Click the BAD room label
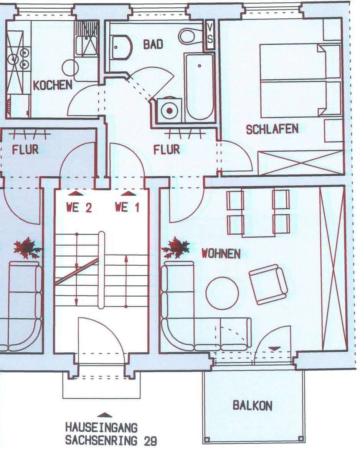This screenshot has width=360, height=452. pos(153,44)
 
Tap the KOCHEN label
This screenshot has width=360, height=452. pos(52,85)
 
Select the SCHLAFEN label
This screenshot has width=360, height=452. pos(272,129)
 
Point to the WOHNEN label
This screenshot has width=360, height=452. pos(221,253)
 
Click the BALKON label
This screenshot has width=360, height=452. pos(253,406)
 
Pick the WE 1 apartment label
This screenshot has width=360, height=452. pos(127,208)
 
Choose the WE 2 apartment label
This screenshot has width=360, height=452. pos(79,208)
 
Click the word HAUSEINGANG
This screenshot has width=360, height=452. pos(101,427)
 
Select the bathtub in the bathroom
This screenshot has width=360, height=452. pos(200,87)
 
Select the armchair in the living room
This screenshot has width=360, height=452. pos(268,284)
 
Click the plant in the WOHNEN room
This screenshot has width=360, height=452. pos(177,247)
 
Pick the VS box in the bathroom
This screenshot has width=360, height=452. pos(210,35)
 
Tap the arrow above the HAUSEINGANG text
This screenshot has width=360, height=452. pos(105,414)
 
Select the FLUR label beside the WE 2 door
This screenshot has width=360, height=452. pos(25,149)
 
